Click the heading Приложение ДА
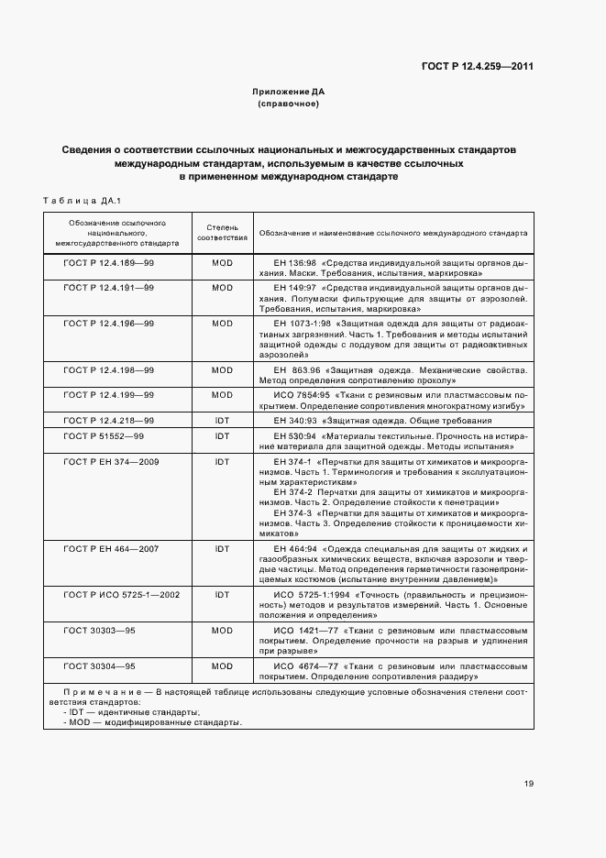pos(289,93)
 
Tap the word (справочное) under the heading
pos(289,104)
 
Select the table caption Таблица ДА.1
pos(75,200)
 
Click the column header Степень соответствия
pos(222,233)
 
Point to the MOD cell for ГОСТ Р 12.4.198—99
pos(222,370)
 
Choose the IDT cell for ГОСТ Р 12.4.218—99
pos(222,420)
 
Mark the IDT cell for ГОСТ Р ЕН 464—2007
pos(222,549)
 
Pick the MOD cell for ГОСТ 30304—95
pos(222,666)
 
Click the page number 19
pos(529,783)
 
